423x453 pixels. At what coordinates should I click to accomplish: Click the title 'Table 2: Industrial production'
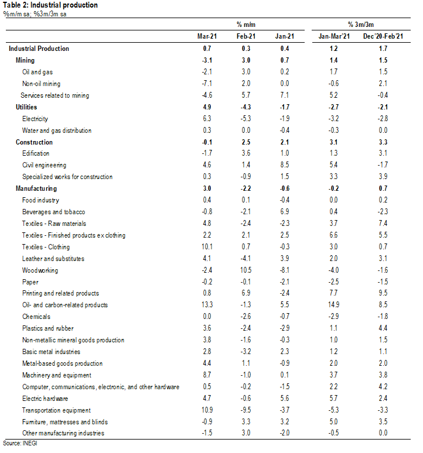[x=50, y=5]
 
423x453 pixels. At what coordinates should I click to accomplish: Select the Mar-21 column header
[x=207, y=36]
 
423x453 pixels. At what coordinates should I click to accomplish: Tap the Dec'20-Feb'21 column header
[x=383, y=36]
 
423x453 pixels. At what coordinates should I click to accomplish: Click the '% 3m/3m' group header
[x=361, y=25]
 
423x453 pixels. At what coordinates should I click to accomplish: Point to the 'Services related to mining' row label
[x=55, y=95]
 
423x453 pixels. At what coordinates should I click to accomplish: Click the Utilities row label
[x=26, y=107]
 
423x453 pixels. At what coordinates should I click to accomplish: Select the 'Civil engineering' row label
[x=45, y=165]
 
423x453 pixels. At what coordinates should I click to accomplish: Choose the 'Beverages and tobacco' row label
[x=54, y=212]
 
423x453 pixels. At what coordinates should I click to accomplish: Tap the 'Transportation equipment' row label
[x=56, y=410]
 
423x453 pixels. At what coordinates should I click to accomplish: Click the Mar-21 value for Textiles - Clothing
[x=207, y=247]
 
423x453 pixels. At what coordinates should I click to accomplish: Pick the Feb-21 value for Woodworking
[x=245, y=270]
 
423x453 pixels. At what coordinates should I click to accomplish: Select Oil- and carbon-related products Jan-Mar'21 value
[x=333, y=305]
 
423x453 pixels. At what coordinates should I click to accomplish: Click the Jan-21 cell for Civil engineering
[x=285, y=164]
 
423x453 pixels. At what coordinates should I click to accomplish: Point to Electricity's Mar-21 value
[x=207, y=118]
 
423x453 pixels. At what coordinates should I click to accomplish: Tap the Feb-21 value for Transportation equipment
[x=245, y=410]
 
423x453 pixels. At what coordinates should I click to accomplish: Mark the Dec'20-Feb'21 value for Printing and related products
[x=383, y=293]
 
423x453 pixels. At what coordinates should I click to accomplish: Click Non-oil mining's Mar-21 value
[x=207, y=84]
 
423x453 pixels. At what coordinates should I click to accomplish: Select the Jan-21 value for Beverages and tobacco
[x=285, y=211]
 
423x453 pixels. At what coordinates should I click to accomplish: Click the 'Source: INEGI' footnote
[x=20, y=443]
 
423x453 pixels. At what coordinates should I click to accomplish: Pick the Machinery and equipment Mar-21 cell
[x=207, y=375]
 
